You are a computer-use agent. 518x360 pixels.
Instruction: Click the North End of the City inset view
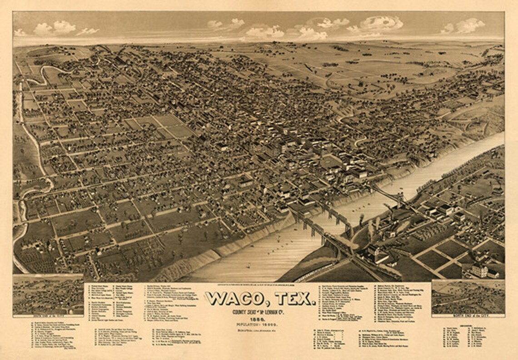(468, 296)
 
